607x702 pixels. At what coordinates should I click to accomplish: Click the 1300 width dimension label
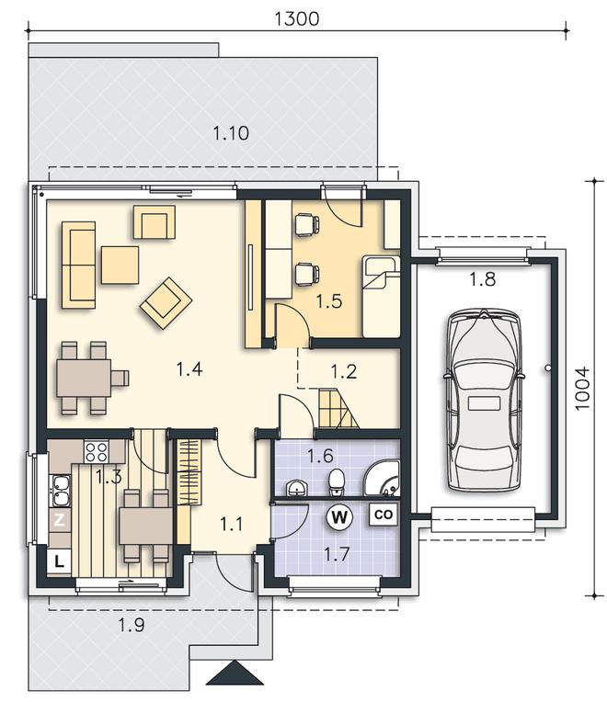(296, 18)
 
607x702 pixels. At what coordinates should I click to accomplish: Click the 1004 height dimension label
(582, 389)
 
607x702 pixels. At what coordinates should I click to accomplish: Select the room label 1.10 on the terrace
(231, 133)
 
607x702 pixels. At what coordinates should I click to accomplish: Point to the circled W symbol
(339, 517)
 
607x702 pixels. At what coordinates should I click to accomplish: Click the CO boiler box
(384, 515)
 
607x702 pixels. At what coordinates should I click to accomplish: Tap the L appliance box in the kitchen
(59, 561)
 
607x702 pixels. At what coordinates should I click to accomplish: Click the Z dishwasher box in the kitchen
(59, 520)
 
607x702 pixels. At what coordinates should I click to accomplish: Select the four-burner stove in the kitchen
(97, 451)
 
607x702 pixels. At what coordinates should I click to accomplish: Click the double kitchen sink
(60, 491)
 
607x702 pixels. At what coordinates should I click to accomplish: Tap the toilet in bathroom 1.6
(336, 482)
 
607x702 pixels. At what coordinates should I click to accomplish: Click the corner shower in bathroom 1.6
(382, 478)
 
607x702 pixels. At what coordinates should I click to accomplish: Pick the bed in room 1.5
(381, 297)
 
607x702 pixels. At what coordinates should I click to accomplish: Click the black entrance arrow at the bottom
(235, 673)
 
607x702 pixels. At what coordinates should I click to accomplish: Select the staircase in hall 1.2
(338, 409)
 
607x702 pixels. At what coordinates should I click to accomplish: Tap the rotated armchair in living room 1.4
(166, 303)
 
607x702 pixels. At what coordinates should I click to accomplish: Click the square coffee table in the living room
(120, 265)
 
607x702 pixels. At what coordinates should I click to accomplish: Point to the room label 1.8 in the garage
(483, 279)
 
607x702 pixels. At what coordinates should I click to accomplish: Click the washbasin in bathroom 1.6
(296, 488)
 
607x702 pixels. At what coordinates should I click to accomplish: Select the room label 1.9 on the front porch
(132, 625)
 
